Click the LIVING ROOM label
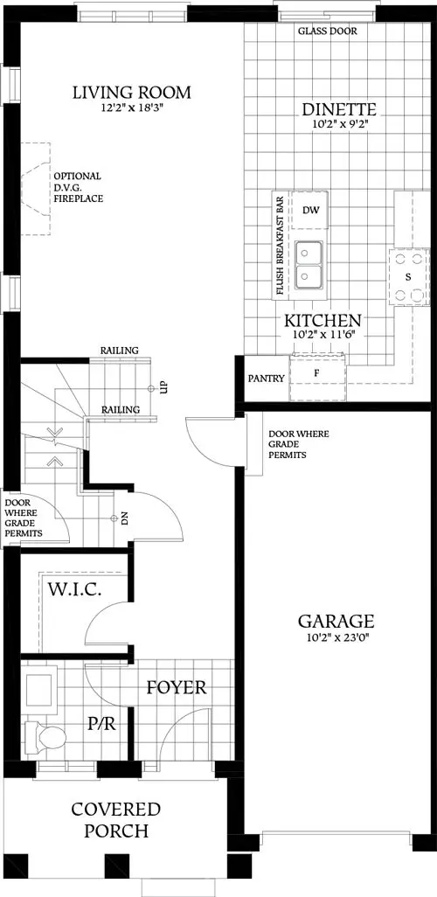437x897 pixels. [x=132, y=93]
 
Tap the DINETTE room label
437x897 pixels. [x=339, y=110]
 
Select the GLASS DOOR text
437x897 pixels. [x=327, y=31]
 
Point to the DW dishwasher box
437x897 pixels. [x=310, y=210]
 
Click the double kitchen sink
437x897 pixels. [x=309, y=263]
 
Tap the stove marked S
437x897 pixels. [x=407, y=276]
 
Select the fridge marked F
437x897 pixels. [x=317, y=373]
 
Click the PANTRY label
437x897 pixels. [x=266, y=379]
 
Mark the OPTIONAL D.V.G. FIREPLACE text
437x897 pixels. [x=79, y=187]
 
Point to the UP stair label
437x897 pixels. [x=163, y=386]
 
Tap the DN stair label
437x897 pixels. [x=125, y=518]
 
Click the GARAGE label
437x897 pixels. [x=336, y=622]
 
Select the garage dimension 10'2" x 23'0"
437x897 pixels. [x=336, y=639]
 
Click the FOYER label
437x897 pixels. [x=176, y=688]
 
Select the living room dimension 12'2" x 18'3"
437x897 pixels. [x=132, y=108]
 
